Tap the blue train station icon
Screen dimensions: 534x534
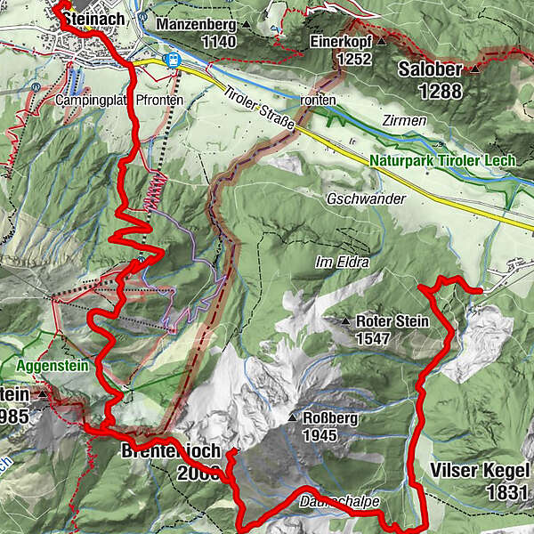(x=173, y=61)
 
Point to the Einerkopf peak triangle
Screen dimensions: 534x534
(x=382, y=41)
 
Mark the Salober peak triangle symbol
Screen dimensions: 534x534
(x=476, y=69)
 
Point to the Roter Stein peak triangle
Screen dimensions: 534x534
(x=346, y=321)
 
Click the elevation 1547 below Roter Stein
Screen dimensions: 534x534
(x=374, y=339)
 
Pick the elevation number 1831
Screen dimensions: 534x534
(x=507, y=490)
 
